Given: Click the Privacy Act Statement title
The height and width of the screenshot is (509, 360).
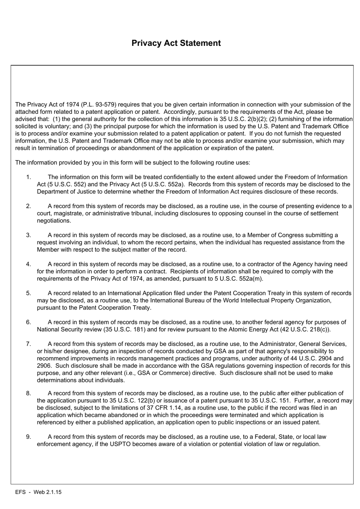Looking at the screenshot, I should coord(176,43).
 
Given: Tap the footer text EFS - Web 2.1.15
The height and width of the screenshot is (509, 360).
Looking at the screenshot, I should coord(38,492).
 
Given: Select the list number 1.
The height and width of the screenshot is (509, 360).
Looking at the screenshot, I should coord(28,177).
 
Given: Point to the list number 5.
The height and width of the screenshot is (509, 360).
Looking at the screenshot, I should coord(28,293).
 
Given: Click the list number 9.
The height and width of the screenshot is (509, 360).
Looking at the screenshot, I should coord(28,437).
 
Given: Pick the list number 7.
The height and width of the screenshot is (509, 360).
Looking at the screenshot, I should coord(28,344).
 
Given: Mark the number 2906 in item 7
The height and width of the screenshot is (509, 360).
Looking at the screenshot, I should coord(44,366).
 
